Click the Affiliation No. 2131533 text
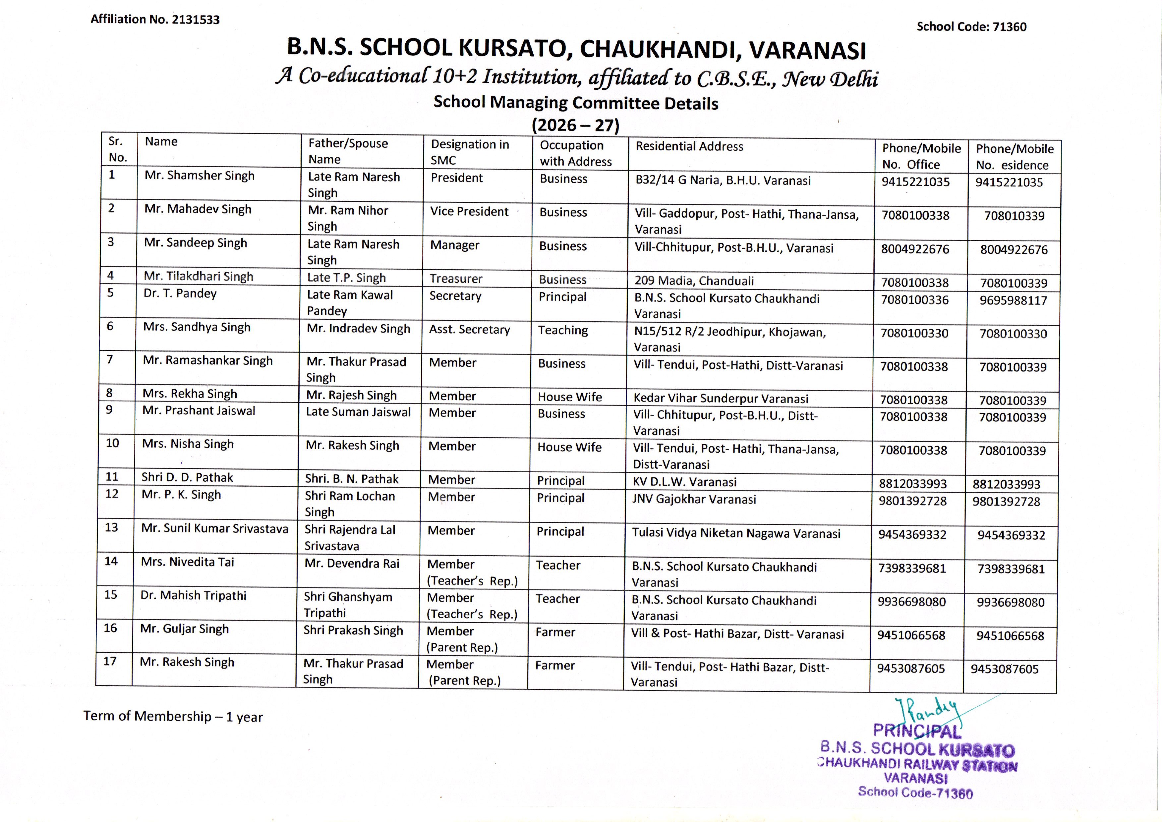point(155,20)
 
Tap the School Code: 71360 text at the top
point(971,27)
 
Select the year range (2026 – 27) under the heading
point(575,125)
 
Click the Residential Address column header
point(689,147)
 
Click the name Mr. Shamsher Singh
point(200,176)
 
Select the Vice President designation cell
point(469,212)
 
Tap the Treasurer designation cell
point(456,278)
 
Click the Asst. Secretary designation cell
point(469,330)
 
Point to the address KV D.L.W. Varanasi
point(684,482)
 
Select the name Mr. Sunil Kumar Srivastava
point(215,528)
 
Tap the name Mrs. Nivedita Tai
point(187,562)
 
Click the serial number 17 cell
point(110,662)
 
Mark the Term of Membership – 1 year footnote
point(173,716)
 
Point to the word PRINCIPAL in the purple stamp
point(916,731)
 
